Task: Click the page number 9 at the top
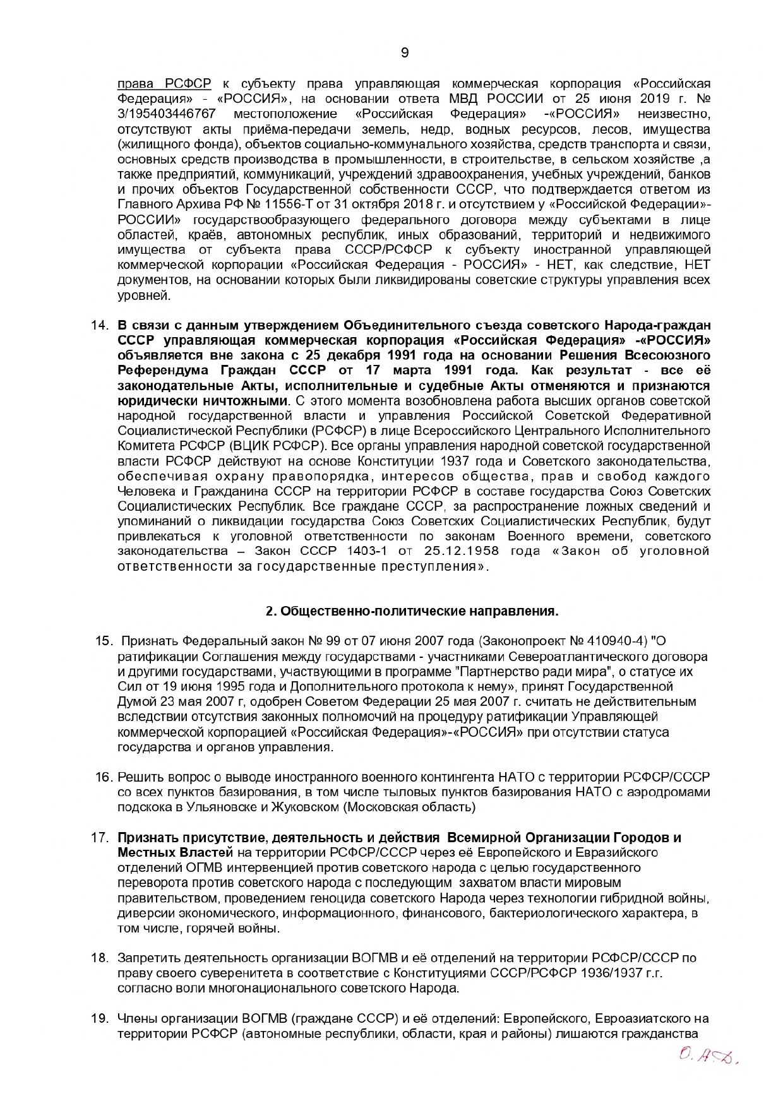[405, 53]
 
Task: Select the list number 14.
[100, 326]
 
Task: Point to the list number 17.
[100, 838]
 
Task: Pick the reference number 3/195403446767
[167, 114]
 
